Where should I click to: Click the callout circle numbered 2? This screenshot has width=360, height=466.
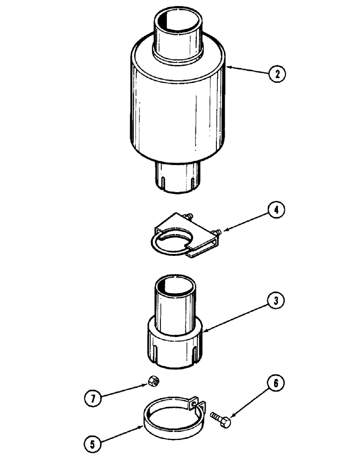pos(277,74)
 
